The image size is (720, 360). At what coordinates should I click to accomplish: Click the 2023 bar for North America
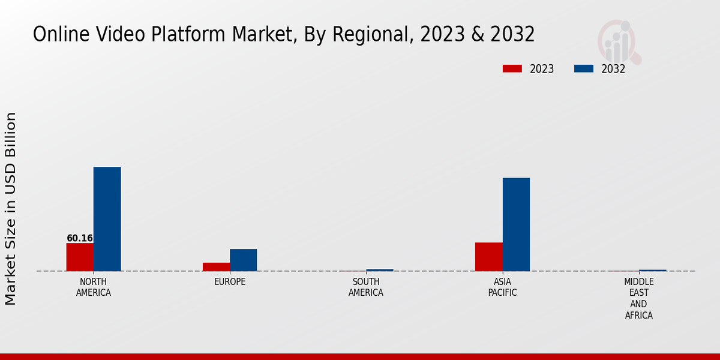click(x=80, y=257)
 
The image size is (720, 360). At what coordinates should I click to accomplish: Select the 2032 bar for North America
click(x=107, y=219)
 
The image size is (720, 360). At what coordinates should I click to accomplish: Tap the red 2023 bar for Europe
click(x=216, y=267)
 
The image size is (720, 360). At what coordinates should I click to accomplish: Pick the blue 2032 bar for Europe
click(x=243, y=260)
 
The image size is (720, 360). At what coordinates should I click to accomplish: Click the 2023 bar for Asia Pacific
click(x=488, y=257)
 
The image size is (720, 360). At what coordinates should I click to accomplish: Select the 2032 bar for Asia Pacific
click(x=516, y=224)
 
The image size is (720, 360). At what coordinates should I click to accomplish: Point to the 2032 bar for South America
click(x=380, y=270)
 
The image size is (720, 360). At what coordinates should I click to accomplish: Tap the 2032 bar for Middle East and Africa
click(x=653, y=270)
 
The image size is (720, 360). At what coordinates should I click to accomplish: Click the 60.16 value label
click(x=80, y=238)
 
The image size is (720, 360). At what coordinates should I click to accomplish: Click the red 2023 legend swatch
click(x=512, y=69)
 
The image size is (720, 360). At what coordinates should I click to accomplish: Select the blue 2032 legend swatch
click(x=583, y=69)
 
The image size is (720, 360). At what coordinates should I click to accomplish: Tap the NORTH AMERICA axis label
click(x=94, y=287)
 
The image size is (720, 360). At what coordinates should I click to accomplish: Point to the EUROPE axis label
click(x=230, y=282)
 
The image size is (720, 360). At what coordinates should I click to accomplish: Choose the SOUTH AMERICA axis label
click(x=366, y=287)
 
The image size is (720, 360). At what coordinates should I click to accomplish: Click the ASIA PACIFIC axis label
click(x=502, y=287)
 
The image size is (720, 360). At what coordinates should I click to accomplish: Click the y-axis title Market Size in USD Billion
click(x=11, y=208)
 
